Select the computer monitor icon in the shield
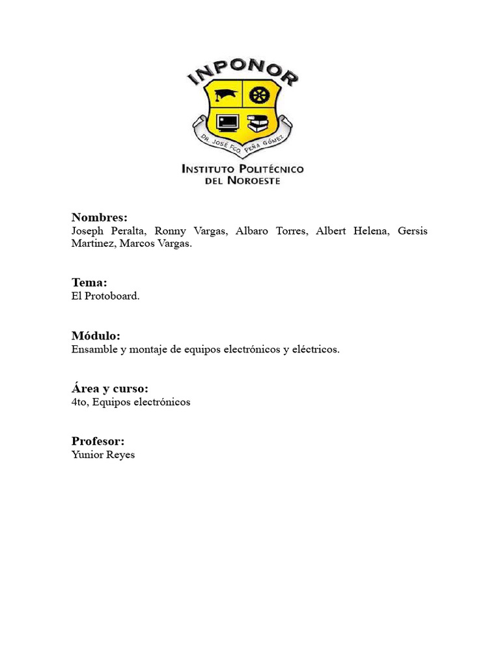(x=226, y=122)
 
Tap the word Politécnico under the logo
(x=272, y=169)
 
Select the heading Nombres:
(x=100, y=218)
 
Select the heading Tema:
(x=89, y=283)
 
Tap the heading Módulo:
(x=96, y=336)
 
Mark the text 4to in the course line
(x=79, y=402)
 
